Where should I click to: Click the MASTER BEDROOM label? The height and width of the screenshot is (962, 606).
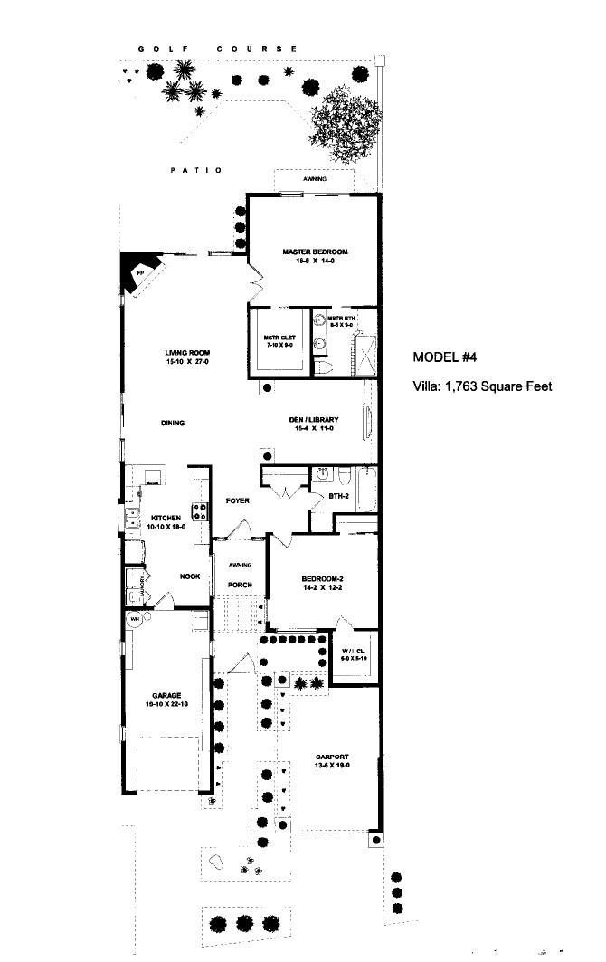click(x=315, y=252)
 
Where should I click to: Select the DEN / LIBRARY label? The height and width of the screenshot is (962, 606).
click(x=314, y=420)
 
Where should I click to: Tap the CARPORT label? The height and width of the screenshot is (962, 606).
click(x=332, y=757)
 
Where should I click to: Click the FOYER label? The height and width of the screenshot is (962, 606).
click(x=238, y=500)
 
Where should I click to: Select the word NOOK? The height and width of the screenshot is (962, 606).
click(x=190, y=576)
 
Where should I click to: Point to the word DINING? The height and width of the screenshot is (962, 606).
click(x=174, y=423)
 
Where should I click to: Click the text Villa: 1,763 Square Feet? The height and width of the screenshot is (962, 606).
click(x=482, y=386)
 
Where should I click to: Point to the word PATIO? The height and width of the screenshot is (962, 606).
click(x=196, y=170)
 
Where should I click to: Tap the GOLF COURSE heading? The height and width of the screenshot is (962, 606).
click(x=217, y=48)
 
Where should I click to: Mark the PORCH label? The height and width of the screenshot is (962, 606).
click(x=240, y=585)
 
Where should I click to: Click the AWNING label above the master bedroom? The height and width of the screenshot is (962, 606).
click(x=315, y=179)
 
